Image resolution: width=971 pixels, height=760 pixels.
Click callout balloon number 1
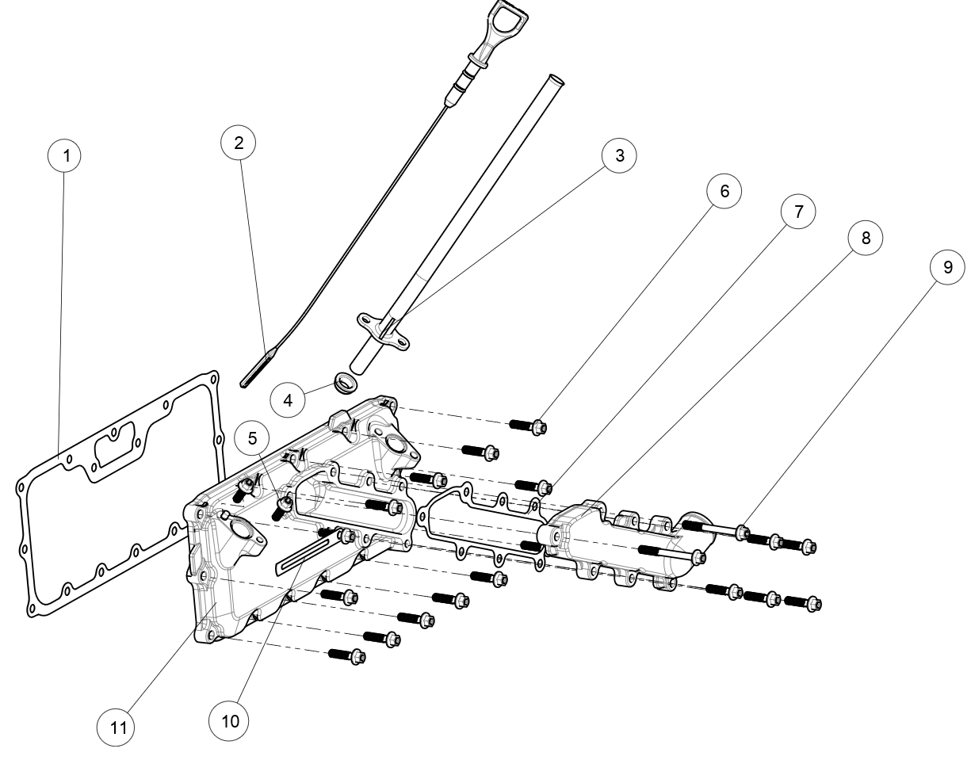click(x=67, y=156)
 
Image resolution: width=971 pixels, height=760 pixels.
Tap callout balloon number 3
click(x=619, y=155)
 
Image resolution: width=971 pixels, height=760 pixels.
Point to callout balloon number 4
click(x=289, y=399)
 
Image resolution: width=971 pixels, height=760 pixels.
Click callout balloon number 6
click(x=724, y=191)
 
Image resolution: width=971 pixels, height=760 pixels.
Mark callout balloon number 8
click(x=865, y=237)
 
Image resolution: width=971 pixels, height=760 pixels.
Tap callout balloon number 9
click(x=948, y=268)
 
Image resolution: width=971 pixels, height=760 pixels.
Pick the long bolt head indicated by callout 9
click(x=742, y=532)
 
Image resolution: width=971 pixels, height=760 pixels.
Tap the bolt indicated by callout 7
click(x=543, y=486)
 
